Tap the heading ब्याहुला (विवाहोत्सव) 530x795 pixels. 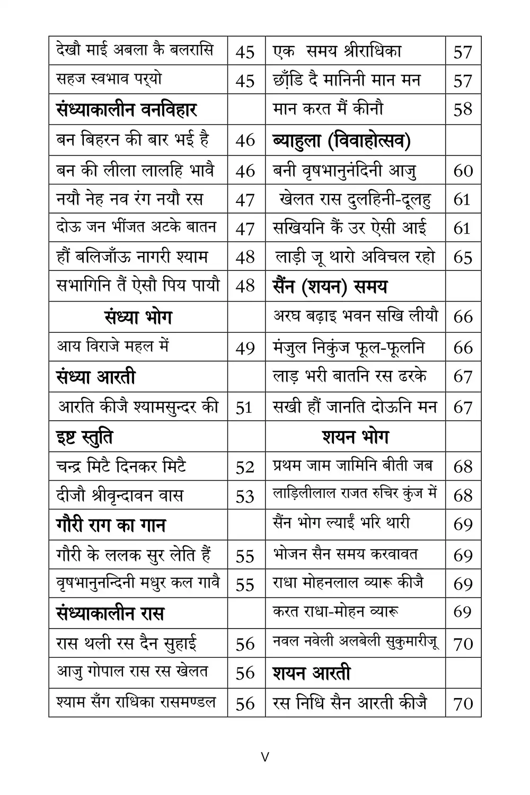[x=342, y=140]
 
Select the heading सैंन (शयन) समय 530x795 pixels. [x=330, y=287]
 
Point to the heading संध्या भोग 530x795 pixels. [x=138, y=317]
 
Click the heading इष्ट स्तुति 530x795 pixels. [x=84, y=437]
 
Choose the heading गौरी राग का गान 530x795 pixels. [x=111, y=525]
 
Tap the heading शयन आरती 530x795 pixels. [x=312, y=673]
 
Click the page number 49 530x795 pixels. [x=245, y=348]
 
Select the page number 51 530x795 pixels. [x=244, y=408]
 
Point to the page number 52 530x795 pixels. [x=245, y=467]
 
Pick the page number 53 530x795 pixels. [x=245, y=496]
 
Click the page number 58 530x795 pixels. [x=463, y=110]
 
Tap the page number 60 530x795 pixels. [x=463, y=171]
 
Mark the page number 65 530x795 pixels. [x=463, y=257]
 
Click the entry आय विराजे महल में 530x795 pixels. [x=112, y=347]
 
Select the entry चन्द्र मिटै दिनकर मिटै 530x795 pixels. [x=121, y=466]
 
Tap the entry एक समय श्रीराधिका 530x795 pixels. [x=337, y=51]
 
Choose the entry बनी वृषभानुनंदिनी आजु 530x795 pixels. [x=344, y=171]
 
